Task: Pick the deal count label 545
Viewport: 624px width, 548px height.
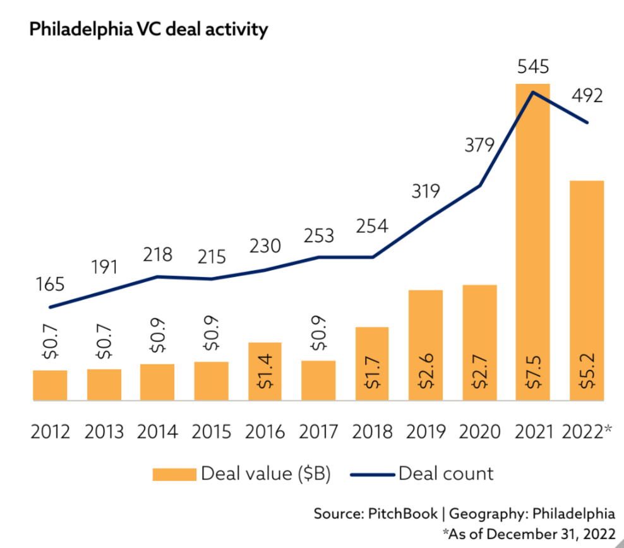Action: (532, 66)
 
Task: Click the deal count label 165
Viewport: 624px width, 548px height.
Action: (50, 284)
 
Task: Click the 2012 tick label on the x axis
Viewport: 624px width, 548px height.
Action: (50, 432)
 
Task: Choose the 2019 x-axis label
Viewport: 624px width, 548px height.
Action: (426, 432)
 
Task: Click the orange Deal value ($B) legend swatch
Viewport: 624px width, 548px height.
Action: (174, 474)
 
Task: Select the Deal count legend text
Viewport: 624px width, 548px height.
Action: (446, 474)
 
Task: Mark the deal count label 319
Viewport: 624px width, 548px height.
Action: (426, 191)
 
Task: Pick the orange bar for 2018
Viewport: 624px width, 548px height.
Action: (372, 364)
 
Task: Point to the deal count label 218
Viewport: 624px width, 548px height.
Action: (157, 254)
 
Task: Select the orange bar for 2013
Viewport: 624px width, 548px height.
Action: (104, 384)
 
